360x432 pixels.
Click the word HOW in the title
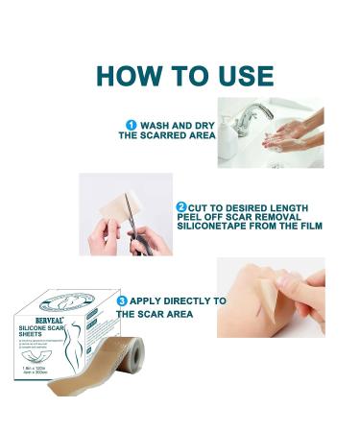point(124,74)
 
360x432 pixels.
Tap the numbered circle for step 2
point(181,206)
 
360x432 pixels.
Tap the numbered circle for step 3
point(121,300)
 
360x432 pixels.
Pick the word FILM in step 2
point(308,227)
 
